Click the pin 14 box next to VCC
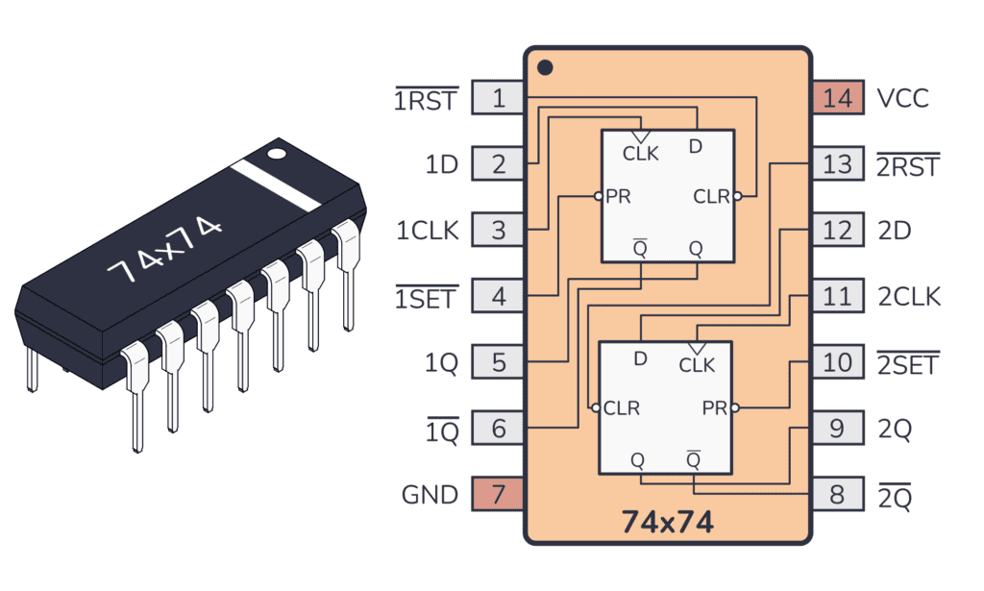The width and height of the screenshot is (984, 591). [x=837, y=98]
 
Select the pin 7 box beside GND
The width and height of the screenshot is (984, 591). [x=498, y=495]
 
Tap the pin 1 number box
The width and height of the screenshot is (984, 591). [x=498, y=98]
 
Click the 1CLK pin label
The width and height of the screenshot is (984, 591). [x=428, y=231]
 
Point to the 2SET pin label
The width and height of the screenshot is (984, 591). [x=908, y=364]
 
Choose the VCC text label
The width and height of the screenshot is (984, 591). [x=903, y=98]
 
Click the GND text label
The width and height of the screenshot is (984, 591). [x=430, y=495]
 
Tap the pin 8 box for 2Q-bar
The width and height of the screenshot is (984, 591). [x=837, y=495]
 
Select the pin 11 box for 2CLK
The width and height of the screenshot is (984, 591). [x=837, y=297]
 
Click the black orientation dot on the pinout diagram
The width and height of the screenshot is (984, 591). [x=545, y=68]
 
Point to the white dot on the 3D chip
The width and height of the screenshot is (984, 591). [x=277, y=152]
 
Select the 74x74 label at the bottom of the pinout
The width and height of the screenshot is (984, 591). [x=667, y=522]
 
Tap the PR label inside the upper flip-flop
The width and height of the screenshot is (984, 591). [x=618, y=196]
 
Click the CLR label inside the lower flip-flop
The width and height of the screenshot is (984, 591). [x=621, y=408]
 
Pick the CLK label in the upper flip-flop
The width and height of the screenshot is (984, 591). [x=641, y=153]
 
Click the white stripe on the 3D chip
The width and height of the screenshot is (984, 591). [x=281, y=185]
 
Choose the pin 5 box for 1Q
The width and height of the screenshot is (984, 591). [x=498, y=363]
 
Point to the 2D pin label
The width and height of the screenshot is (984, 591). [x=895, y=231]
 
